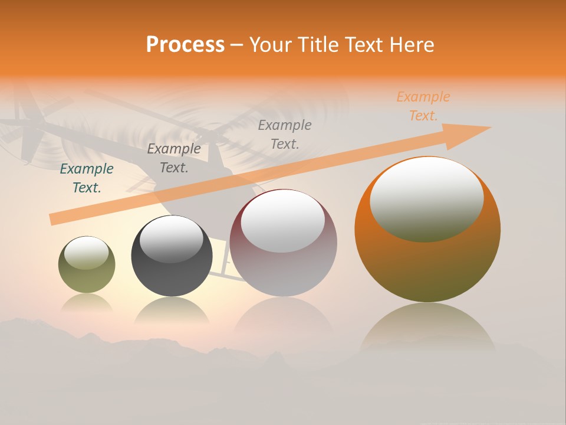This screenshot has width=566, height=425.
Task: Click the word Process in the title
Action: point(185,45)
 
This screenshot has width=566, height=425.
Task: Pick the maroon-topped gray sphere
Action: point(283,260)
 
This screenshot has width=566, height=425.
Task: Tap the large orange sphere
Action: point(427,266)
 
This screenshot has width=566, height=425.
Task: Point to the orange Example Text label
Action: point(423,106)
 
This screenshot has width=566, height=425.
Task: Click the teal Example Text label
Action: point(87,178)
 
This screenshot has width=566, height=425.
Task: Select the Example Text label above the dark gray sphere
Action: point(174,158)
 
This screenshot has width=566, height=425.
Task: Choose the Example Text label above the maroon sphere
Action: point(285,134)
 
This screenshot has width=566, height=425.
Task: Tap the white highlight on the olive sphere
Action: point(86,253)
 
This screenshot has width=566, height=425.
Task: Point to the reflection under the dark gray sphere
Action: point(172,310)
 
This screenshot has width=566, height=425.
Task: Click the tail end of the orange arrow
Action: point(54,220)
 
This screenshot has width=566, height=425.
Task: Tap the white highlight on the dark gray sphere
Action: point(171,239)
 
